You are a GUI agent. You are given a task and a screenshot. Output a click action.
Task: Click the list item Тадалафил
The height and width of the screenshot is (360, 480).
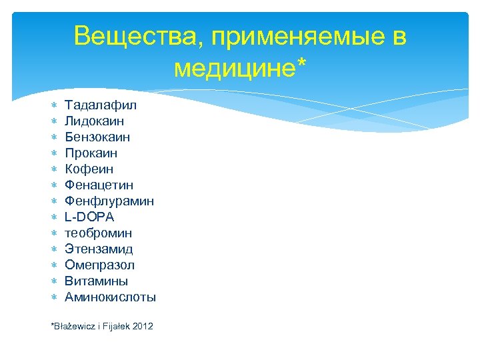pos(101,105)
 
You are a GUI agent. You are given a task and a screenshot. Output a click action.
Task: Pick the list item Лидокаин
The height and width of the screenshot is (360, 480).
pos(94,121)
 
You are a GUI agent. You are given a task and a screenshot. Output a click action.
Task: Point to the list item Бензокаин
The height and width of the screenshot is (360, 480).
pos(97,137)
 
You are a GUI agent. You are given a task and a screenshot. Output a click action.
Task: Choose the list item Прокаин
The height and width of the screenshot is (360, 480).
pos(91,153)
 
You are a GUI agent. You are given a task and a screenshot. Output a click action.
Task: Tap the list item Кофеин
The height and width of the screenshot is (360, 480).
pos(89,169)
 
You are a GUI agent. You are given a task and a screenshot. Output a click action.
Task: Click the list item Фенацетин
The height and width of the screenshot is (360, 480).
pos(99,185)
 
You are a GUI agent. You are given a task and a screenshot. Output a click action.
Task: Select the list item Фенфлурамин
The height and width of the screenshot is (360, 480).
pos(109,201)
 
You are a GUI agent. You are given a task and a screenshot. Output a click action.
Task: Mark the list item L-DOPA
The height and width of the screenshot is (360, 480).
pos(89,217)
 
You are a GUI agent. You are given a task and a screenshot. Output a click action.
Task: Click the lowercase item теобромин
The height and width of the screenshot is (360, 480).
pos(98,233)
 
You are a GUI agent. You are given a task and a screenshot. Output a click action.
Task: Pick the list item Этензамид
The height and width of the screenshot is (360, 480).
pos(99,249)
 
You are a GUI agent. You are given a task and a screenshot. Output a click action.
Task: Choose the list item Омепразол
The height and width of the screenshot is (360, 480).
pos(99,265)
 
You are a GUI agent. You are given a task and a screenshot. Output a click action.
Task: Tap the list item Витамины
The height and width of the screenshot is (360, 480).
pos(96,281)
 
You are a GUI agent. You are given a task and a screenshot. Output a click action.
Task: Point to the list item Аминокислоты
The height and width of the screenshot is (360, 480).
pos(110,297)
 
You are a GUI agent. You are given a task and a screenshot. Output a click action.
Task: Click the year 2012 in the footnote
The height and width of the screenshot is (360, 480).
pos(143,326)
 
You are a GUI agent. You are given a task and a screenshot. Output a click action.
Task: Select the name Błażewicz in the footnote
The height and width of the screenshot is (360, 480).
pos(73,326)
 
